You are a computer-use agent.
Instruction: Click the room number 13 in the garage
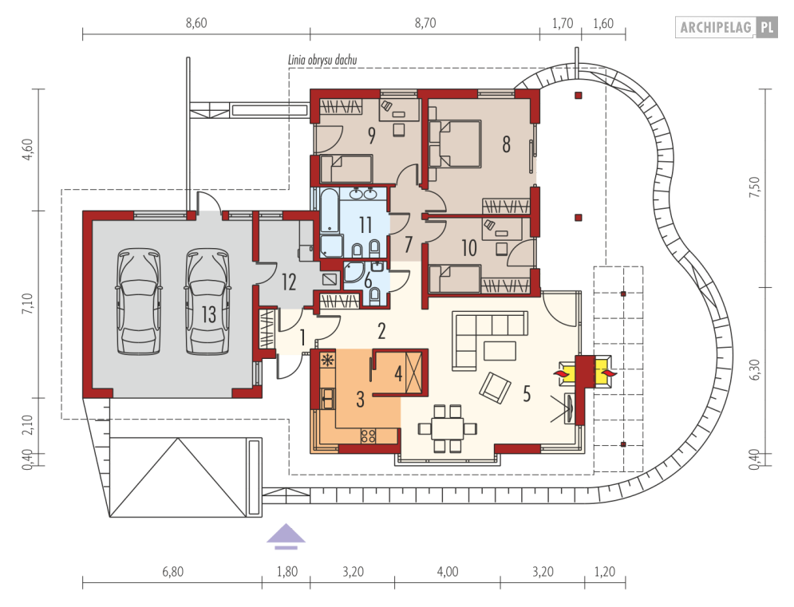tap(208, 314)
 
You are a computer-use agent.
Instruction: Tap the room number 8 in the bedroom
tap(506, 144)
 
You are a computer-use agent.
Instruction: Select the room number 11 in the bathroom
tap(365, 225)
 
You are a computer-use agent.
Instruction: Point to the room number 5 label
tap(527, 393)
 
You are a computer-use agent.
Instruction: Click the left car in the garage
tap(140, 301)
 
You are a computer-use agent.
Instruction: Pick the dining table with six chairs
tap(448, 428)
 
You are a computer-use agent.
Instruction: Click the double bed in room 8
tap(454, 144)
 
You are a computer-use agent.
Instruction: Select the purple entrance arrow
tap(286, 536)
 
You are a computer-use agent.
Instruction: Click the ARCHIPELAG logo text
tap(716, 27)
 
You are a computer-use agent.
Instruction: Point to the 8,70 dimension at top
tap(425, 23)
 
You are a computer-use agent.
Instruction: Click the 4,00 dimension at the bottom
tap(448, 572)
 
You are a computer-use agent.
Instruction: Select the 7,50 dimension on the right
tap(755, 187)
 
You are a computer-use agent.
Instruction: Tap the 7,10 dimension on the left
tap(27, 304)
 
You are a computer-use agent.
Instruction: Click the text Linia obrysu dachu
tap(322, 60)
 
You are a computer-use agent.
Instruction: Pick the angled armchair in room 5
tap(495, 388)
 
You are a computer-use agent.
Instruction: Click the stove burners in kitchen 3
tap(368, 436)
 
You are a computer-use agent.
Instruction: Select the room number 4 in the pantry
tap(398, 374)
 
